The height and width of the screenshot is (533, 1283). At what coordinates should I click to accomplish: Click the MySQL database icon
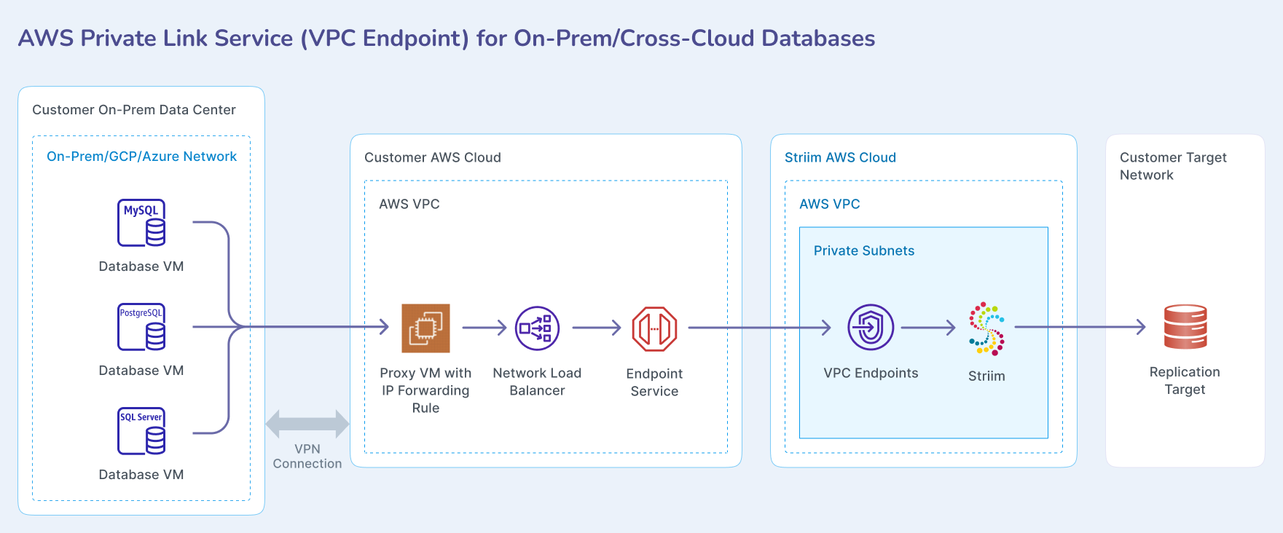point(141,223)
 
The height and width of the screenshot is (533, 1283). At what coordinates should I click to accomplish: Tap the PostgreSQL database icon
point(141,327)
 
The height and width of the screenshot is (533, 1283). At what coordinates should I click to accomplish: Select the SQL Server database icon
point(141,431)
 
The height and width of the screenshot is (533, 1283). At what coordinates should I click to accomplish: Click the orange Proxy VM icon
point(425,328)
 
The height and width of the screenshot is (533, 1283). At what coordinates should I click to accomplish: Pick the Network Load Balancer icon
point(537,328)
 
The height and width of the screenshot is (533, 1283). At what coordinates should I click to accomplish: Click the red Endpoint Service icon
point(654,328)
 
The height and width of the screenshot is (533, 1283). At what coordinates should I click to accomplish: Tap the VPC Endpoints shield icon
point(871,328)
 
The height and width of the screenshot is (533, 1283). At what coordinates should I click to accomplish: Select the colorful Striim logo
point(986,328)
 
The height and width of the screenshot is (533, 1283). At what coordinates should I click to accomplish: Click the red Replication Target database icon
point(1185,327)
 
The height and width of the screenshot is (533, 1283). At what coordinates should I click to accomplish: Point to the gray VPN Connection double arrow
point(307,424)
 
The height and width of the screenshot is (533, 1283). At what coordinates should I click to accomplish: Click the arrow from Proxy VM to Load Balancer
point(484,328)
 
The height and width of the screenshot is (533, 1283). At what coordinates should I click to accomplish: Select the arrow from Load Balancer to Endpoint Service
point(596,328)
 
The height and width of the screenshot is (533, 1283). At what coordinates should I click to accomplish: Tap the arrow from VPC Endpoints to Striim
point(927,328)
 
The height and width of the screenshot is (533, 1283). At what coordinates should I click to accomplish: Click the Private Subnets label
point(864,250)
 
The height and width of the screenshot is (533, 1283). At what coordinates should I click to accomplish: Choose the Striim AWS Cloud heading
point(840,157)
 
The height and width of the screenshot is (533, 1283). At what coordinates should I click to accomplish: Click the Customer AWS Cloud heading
point(433,157)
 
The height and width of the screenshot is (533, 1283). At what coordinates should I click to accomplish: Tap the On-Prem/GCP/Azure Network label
point(141,157)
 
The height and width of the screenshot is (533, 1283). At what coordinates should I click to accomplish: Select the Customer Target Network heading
point(1173,166)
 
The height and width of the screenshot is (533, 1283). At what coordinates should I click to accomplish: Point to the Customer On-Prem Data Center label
point(134,110)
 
